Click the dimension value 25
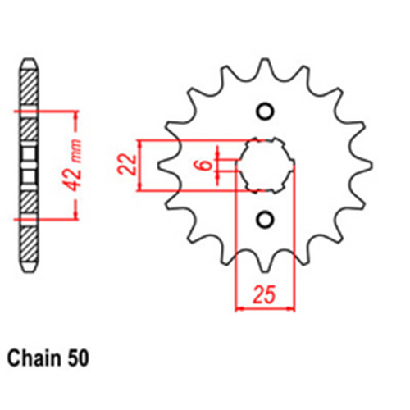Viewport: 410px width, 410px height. [x=264, y=293]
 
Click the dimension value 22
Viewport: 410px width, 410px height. [x=127, y=166]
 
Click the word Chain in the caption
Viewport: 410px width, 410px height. [x=35, y=358]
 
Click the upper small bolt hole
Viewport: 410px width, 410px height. [x=264, y=112]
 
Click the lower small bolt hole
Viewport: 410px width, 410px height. [x=264, y=219]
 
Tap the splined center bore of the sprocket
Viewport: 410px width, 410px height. [x=264, y=165]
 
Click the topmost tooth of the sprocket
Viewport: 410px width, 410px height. [x=264, y=61]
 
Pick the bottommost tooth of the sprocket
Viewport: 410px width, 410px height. [x=264, y=270]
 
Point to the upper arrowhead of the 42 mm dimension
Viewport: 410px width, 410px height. [x=77, y=112]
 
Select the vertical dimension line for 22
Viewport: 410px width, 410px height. [x=143, y=165]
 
